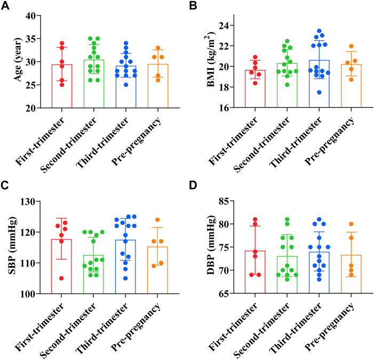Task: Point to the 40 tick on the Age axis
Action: pyautogui.click(x=35, y=15)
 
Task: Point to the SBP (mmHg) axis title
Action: pyautogui.click(x=12, y=247)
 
